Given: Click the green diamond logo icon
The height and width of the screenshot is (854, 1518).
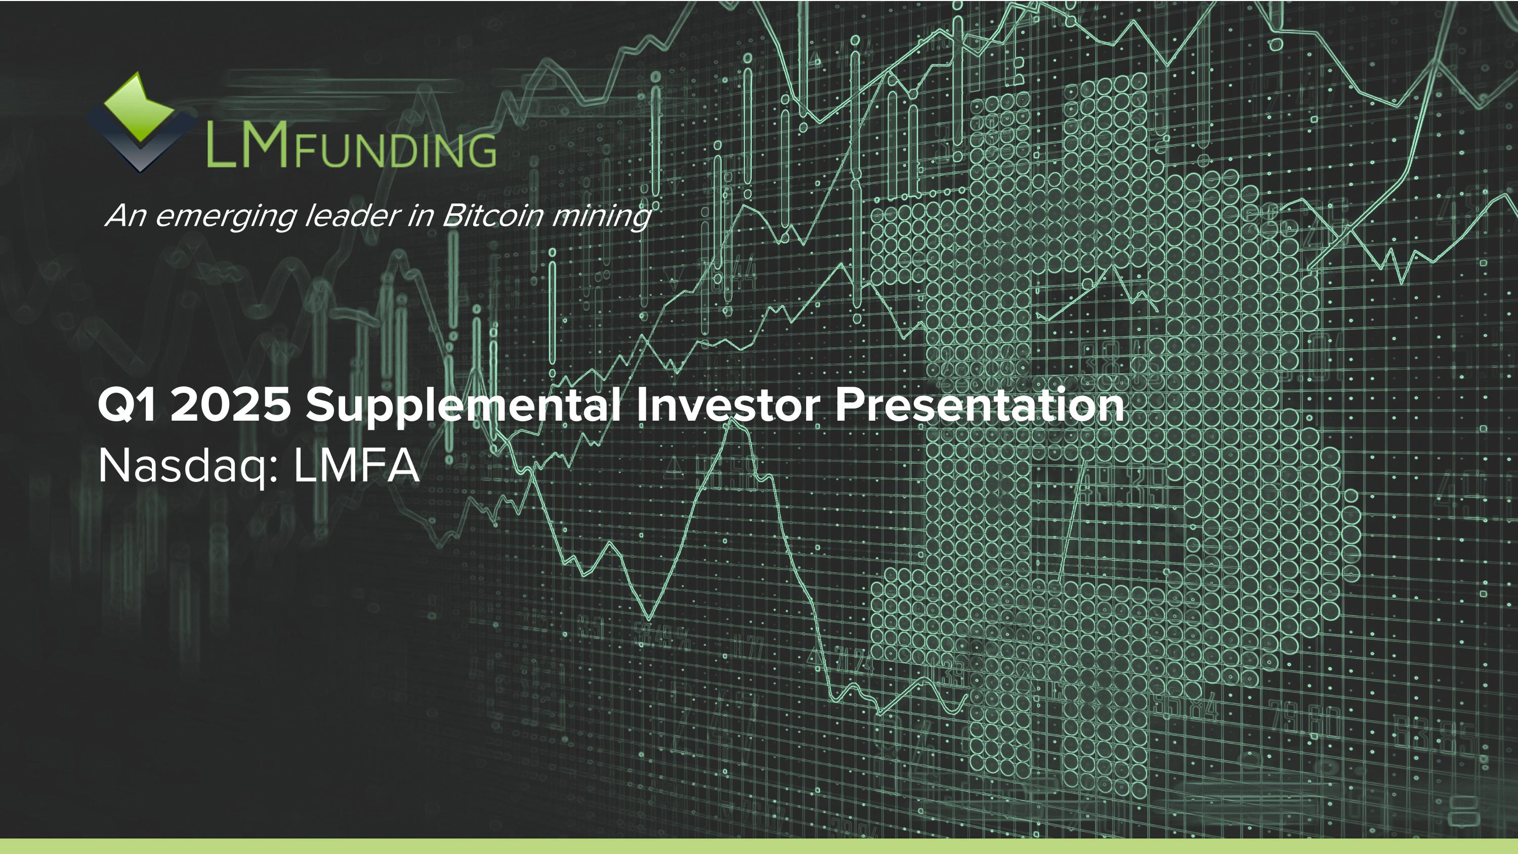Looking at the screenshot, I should (139, 108).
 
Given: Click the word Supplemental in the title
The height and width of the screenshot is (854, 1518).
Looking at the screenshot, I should (463, 406).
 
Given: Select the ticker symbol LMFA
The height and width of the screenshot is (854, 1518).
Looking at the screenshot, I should (357, 466).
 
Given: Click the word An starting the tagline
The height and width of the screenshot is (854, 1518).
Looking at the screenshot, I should (125, 216).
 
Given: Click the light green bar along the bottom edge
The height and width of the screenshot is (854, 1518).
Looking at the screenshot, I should (759, 846).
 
